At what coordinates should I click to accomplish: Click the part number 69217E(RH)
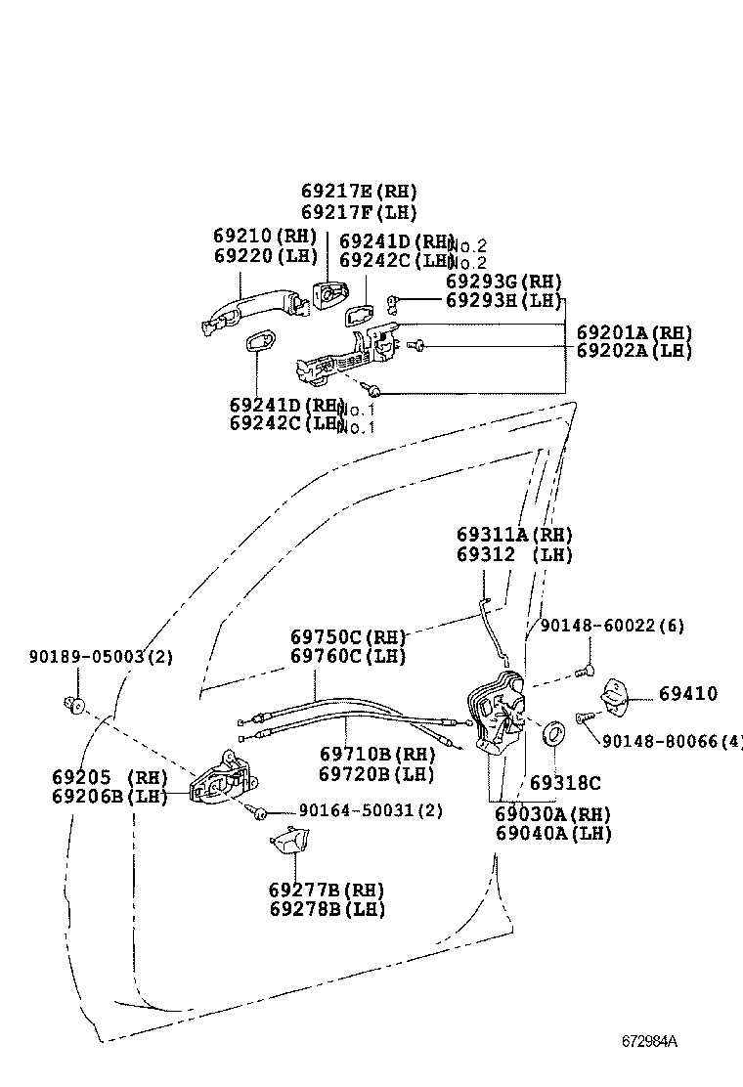359,192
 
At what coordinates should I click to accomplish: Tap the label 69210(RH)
266,236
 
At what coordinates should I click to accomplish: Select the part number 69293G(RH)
504,282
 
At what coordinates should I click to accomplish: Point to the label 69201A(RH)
634,332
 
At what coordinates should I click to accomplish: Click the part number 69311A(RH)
514,535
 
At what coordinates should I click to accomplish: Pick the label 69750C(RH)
348,636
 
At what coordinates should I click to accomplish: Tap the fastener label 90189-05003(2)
100,657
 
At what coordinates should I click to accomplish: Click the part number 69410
687,694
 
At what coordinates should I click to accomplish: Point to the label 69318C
565,783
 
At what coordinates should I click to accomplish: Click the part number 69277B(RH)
327,890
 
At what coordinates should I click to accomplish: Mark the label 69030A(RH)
552,813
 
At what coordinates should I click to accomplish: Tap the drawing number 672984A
649,1040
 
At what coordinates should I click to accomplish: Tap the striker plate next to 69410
616,695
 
